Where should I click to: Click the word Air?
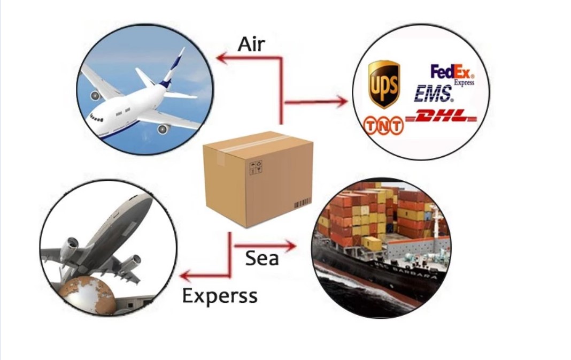tap(251, 44)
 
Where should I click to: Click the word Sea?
tap(262, 258)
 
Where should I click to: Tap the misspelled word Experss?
tap(220, 295)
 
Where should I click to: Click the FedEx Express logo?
tap(452, 74)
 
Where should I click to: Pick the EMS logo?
tap(433, 94)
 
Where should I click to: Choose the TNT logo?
tap(383, 126)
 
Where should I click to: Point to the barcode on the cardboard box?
tap(303, 204)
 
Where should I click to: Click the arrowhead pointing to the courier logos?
tap(341, 101)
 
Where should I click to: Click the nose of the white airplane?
tap(90, 117)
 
